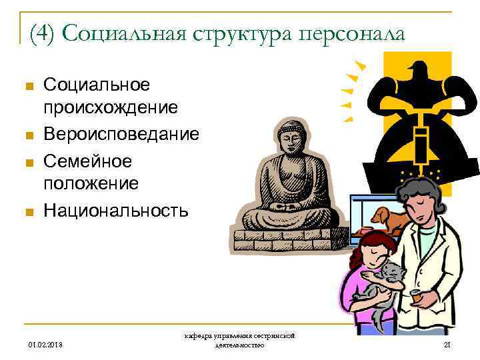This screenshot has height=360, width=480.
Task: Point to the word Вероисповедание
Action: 121,134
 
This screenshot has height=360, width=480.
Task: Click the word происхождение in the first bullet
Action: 110,107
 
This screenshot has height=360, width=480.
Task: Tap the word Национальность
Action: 116,211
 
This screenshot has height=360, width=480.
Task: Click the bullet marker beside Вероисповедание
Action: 27,136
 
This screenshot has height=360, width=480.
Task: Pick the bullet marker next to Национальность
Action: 27,213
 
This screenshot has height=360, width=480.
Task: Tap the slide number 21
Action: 447,344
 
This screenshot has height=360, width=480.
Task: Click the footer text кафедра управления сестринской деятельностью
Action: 240,340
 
